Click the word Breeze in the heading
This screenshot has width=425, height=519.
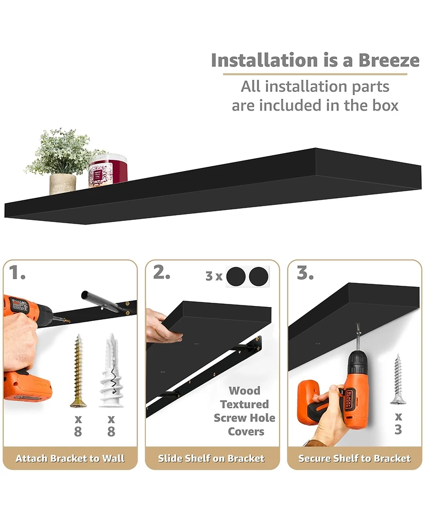pos(388,61)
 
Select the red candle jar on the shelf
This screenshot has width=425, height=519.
pos(108,171)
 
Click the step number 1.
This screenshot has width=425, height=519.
pos(18,273)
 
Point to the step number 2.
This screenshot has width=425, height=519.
pos(161,273)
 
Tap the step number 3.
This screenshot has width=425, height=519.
pos(305,273)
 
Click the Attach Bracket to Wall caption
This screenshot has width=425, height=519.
pos(70,458)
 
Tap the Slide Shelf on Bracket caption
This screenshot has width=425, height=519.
pos(212,458)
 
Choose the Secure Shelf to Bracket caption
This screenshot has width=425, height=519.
pos(354,458)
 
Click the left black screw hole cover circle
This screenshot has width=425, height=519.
pos(236,277)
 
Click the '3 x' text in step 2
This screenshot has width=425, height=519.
pos(214,277)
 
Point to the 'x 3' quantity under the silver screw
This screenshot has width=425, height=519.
pos(398,423)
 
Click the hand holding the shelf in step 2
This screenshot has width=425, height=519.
pos(161,327)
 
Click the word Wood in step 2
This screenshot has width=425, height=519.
pos(244,391)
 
